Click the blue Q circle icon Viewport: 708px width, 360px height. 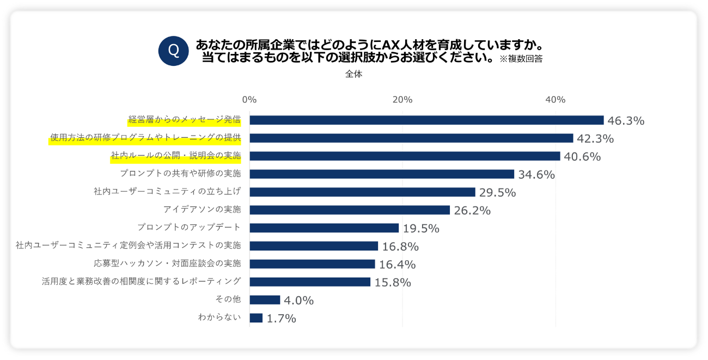173,51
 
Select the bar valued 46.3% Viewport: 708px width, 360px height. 426,120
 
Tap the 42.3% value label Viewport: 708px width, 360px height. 596,139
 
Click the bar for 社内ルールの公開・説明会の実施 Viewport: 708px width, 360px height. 405,156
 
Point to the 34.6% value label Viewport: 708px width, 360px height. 536,175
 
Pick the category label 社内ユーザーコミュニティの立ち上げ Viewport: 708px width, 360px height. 167,192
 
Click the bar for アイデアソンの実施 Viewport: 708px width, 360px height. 350,210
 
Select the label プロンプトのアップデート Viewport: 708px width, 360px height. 189,228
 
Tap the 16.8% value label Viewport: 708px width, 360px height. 400,247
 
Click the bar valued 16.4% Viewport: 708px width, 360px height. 312,264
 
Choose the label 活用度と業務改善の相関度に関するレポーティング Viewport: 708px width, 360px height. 142,282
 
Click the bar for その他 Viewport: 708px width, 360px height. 265,300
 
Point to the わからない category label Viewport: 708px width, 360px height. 219,318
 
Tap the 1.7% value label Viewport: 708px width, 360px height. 281,319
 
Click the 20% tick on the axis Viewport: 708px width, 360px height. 402,100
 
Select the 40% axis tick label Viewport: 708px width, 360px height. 556,100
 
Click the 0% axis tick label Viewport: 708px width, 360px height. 249,100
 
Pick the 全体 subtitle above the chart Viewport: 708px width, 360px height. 353,75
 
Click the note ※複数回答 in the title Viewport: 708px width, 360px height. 521,59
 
